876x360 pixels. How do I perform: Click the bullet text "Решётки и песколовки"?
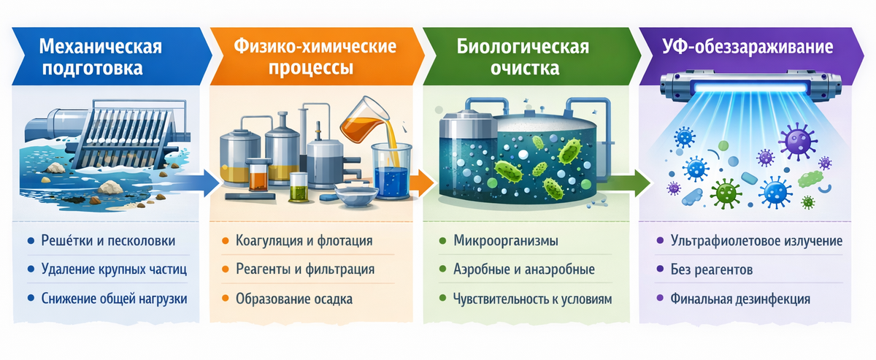pos(109,240)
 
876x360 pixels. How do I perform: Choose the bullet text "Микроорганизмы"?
pos(506,240)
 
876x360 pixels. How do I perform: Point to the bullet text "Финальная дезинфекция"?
pos(740,299)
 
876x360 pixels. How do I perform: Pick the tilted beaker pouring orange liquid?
pos(363,116)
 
